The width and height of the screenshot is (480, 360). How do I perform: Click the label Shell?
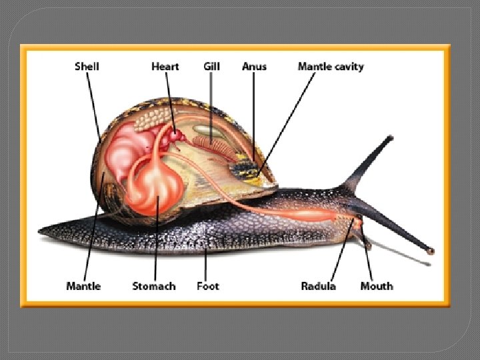point(87,66)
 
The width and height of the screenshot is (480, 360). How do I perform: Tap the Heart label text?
point(165,66)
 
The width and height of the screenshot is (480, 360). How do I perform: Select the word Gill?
point(211,66)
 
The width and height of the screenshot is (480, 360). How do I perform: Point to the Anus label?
point(254,66)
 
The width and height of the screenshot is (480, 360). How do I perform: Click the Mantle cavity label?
point(331,66)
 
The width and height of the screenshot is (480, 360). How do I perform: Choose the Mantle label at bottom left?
point(83,286)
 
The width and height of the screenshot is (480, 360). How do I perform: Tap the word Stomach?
point(154,286)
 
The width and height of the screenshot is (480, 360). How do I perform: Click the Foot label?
point(208,286)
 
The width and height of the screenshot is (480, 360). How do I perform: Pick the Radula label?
point(318,286)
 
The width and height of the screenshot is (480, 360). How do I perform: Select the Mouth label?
point(377,286)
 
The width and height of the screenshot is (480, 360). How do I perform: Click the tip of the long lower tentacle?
point(430,251)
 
